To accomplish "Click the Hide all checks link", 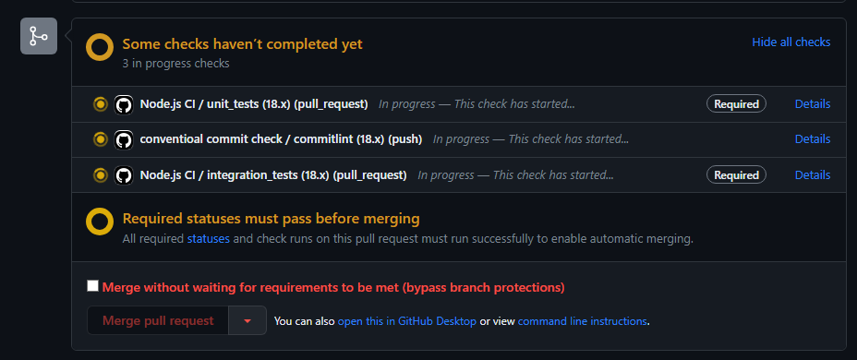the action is [791, 42].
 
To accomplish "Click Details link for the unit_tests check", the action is [813, 104].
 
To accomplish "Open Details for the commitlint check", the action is [813, 139].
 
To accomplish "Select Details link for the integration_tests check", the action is [813, 174].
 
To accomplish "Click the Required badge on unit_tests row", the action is [736, 104].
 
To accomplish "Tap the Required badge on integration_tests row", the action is [736, 174].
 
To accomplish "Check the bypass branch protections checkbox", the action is [92, 286].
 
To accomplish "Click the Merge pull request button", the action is [157, 320].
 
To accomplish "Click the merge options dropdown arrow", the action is [247, 320].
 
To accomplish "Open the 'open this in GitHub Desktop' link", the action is [406, 321].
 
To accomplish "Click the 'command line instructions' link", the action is [583, 321].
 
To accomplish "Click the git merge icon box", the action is [39, 36].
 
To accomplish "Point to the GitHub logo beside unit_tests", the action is [124, 104].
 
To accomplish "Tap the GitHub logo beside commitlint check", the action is [124, 139].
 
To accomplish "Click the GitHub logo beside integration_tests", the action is [124, 174].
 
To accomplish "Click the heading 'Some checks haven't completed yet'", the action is [242, 43].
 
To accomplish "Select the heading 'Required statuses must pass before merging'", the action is [271, 219].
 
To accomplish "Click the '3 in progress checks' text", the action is [175, 64].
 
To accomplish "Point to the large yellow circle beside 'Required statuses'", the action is [100, 222].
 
